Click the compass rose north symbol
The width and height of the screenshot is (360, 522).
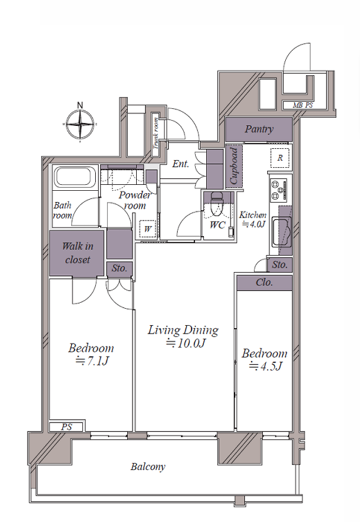pos(80,123)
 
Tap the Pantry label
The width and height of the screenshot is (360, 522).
pos(259,129)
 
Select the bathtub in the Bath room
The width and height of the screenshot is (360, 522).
pos(74,177)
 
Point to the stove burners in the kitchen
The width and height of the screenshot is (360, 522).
pos(279,189)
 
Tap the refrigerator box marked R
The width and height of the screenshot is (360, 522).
pos(280,158)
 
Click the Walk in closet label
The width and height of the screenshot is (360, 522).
pos(77,252)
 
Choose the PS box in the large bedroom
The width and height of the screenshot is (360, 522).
pos(67,426)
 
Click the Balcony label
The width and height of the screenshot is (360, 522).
pos(148,467)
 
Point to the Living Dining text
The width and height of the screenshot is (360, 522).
pos(183,330)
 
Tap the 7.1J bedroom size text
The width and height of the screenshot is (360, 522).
pos(92,361)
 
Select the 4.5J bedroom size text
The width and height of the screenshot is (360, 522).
pos(266,366)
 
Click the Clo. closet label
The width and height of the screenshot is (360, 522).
pos(264,283)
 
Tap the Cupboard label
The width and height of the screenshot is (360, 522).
pos(234,166)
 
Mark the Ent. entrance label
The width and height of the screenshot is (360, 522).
pos(181,163)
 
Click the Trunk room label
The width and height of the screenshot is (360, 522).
pos(156,134)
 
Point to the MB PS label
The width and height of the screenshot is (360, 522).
pos(303,106)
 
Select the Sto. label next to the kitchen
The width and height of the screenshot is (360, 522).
pos(279,265)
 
